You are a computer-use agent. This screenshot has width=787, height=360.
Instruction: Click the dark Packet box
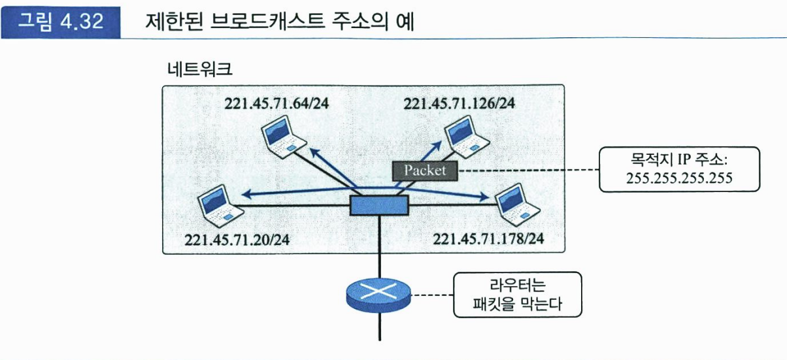click(x=425, y=171)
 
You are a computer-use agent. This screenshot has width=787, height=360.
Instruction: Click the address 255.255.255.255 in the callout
click(x=680, y=178)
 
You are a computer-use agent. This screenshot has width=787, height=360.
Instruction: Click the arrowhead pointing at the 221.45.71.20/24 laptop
click(x=246, y=193)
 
